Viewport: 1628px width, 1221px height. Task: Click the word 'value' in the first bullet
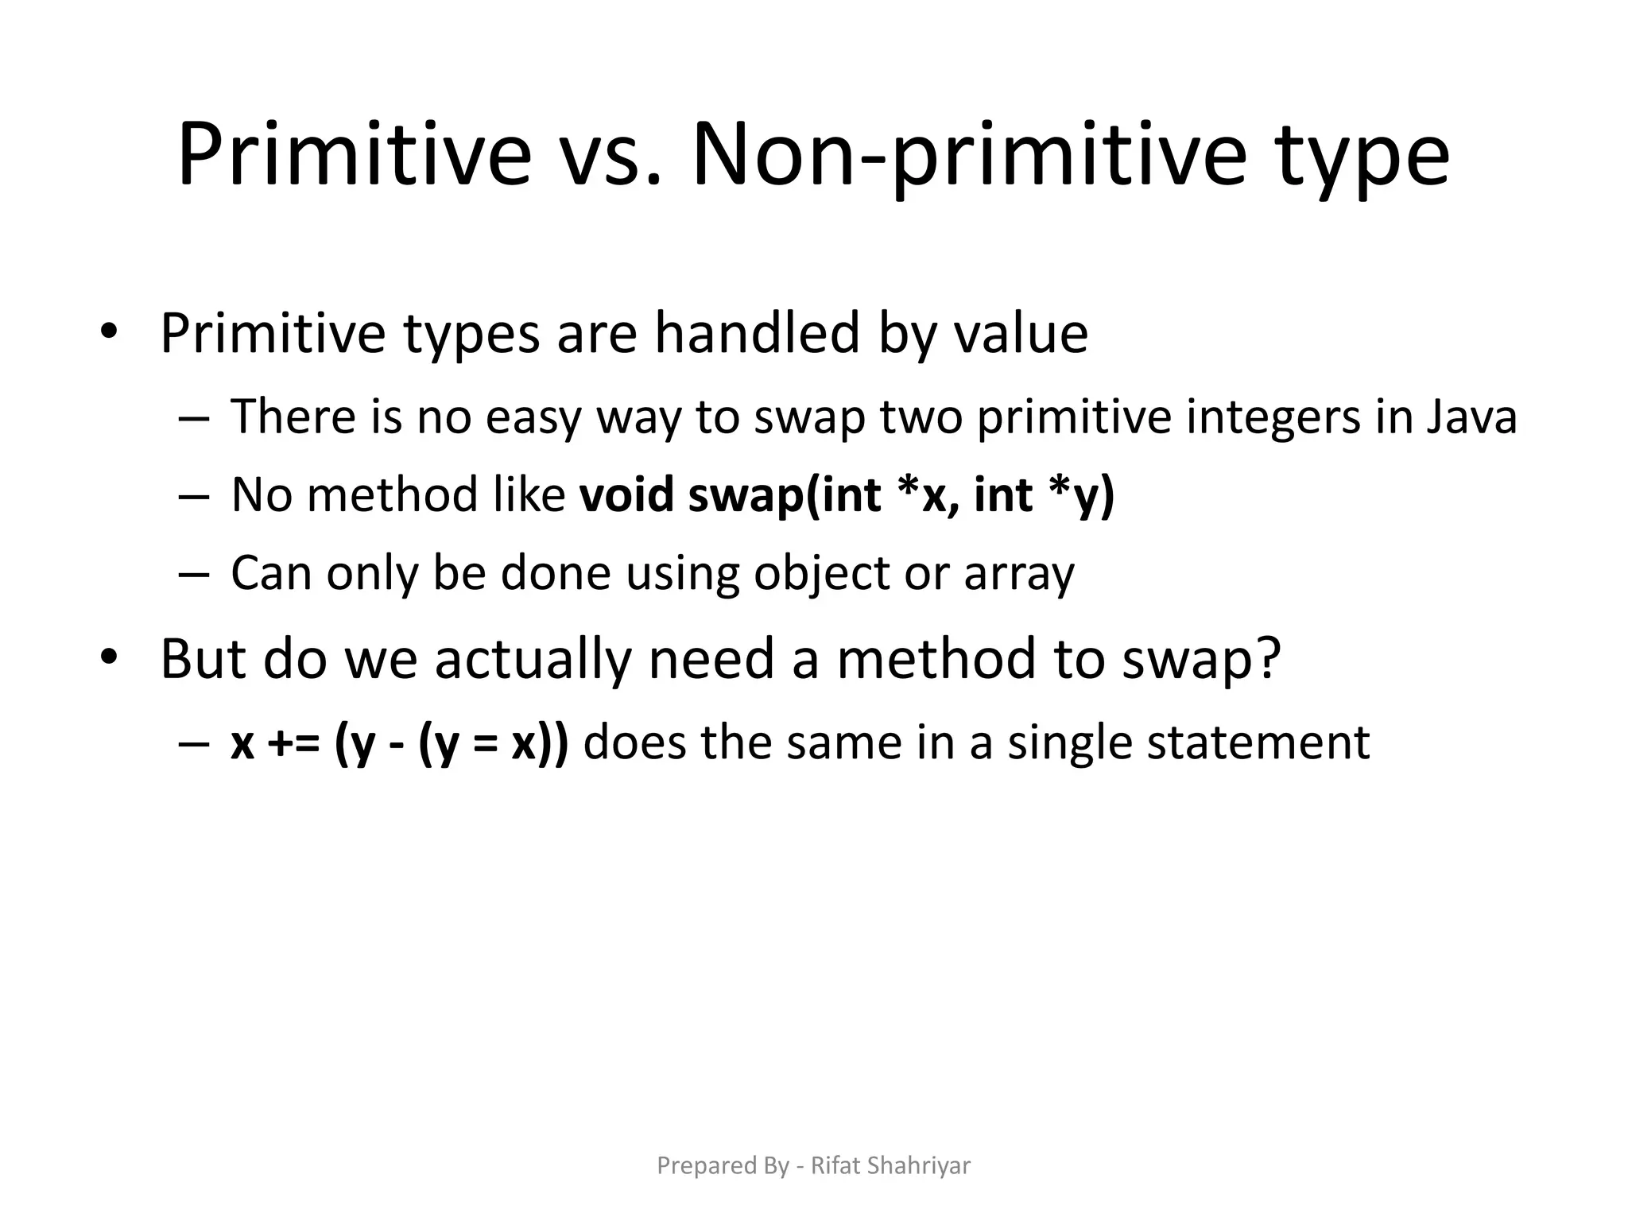click(x=1021, y=333)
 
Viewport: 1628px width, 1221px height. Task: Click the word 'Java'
click(x=1471, y=417)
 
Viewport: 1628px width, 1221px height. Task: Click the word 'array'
click(x=1019, y=574)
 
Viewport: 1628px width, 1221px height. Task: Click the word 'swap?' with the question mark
click(x=1201, y=661)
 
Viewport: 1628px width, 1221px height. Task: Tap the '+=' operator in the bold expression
click(x=294, y=743)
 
